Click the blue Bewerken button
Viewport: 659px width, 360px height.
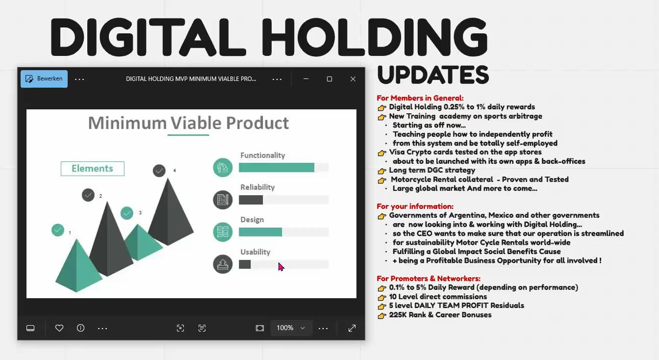click(x=44, y=78)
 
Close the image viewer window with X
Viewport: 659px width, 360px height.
click(x=353, y=79)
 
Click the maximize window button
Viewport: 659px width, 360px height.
click(x=329, y=79)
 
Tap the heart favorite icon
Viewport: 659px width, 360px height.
click(x=59, y=328)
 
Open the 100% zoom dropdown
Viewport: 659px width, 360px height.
click(x=290, y=328)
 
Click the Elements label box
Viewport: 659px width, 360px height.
click(x=92, y=168)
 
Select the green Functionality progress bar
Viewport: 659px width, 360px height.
click(x=277, y=168)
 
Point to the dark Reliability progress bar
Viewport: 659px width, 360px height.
click(x=251, y=200)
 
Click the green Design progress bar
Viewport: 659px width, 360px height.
click(x=260, y=232)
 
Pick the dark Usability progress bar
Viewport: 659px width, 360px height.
click(x=245, y=264)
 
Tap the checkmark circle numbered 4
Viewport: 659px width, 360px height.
click(x=159, y=171)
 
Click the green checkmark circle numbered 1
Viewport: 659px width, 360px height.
click(x=58, y=230)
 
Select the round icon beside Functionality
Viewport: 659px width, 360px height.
click(x=223, y=167)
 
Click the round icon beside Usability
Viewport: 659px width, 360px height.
click(x=223, y=264)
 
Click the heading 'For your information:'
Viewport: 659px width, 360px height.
click(x=415, y=206)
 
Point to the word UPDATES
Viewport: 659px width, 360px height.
click(x=433, y=75)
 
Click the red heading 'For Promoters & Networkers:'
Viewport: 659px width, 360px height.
click(x=428, y=279)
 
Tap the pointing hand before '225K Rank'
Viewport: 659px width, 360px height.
click(x=382, y=315)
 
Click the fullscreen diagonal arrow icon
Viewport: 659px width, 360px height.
click(x=352, y=328)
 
